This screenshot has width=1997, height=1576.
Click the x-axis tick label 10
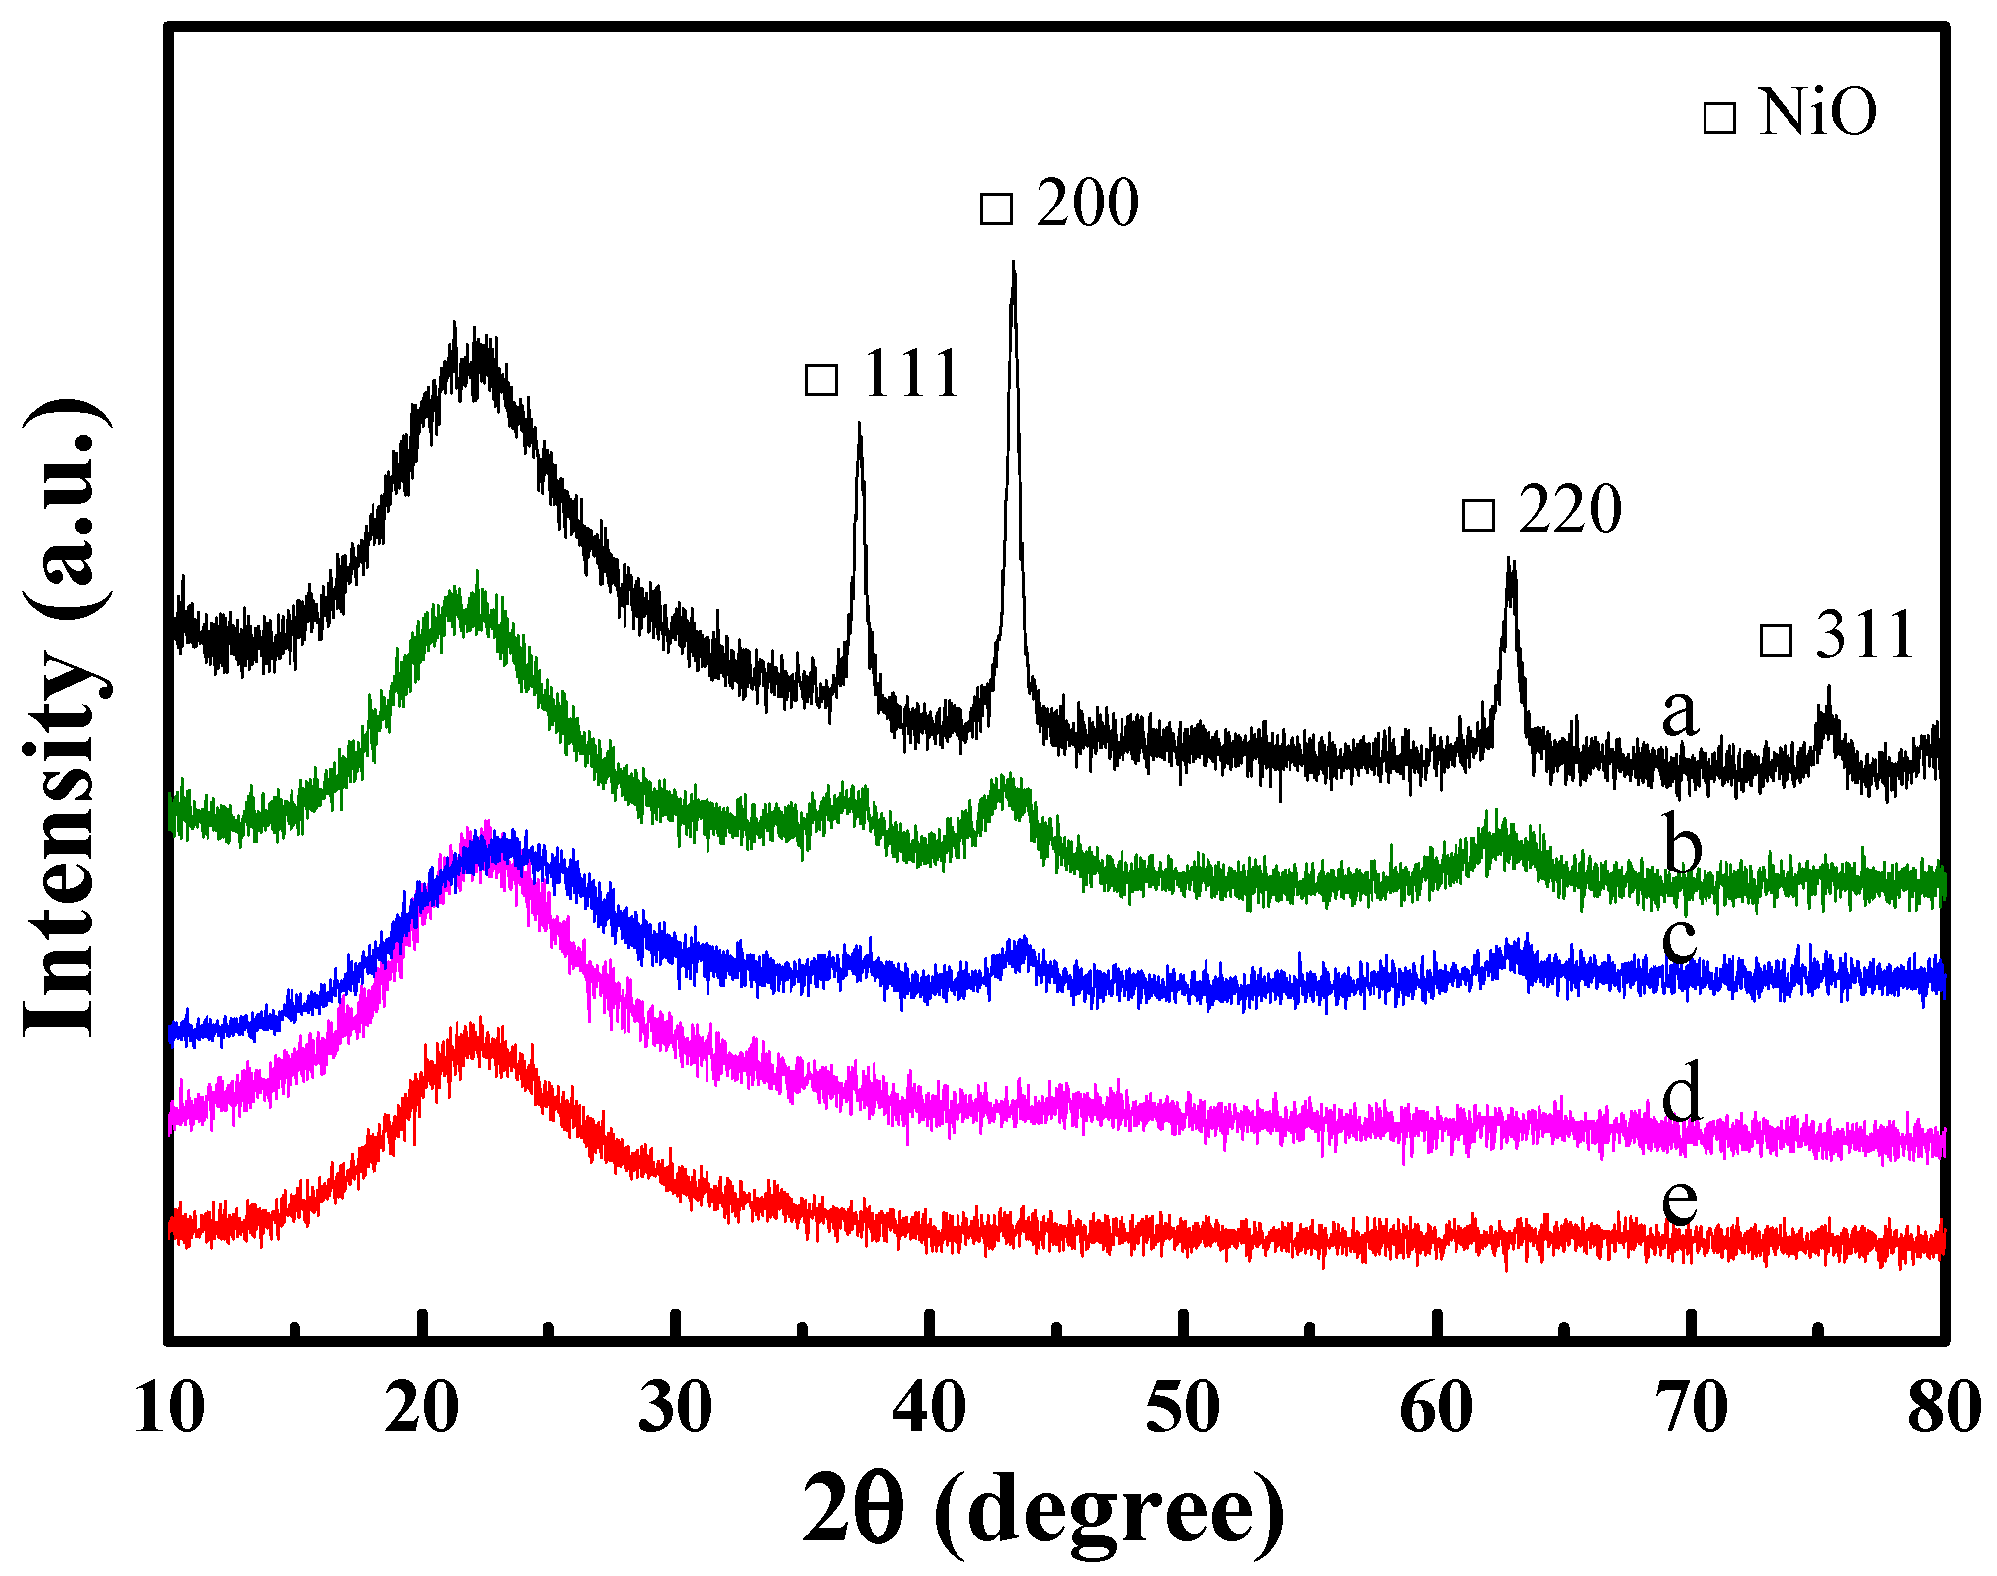pyautogui.click(x=169, y=1407)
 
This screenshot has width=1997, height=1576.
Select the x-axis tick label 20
pyautogui.click(x=422, y=1407)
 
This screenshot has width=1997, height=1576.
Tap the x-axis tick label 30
pyautogui.click(x=675, y=1407)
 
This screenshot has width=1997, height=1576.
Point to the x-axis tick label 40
pyautogui.click(x=929, y=1407)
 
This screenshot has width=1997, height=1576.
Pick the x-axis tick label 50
pyautogui.click(x=1183, y=1407)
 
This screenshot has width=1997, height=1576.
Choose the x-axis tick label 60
pyautogui.click(x=1436, y=1407)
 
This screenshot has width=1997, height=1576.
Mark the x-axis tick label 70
pyautogui.click(x=1690, y=1407)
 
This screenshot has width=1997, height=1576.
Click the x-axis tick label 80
pyautogui.click(x=1944, y=1407)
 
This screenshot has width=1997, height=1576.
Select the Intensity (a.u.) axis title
pyautogui.click(x=64, y=716)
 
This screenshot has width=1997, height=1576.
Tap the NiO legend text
pyautogui.click(x=1817, y=113)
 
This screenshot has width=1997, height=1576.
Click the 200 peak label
pyautogui.click(x=1087, y=204)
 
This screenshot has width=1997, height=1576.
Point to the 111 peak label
pyautogui.click(x=911, y=374)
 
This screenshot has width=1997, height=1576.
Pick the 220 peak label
pyautogui.click(x=1569, y=510)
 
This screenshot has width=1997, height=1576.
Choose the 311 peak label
pyautogui.click(x=1865, y=634)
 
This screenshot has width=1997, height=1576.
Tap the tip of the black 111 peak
pyautogui.click(x=859, y=425)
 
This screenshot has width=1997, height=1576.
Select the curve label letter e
pyautogui.click(x=1680, y=1201)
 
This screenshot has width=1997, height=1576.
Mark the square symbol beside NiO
pyautogui.click(x=1719, y=118)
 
